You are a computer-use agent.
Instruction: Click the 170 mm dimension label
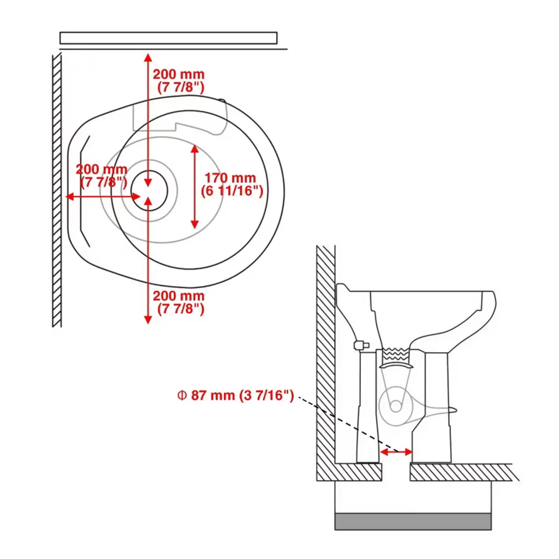click(x=230, y=178)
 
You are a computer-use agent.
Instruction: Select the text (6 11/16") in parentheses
click(x=232, y=191)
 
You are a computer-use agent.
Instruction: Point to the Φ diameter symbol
click(x=182, y=395)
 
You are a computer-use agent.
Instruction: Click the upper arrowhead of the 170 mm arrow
click(x=194, y=148)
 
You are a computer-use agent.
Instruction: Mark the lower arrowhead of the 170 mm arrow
click(x=194, y=224)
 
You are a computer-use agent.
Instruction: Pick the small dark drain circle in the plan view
click(x=150, y=191)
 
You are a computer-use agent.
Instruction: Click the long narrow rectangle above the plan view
click(x=168, y=38)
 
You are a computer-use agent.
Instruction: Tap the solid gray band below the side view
click(x=413, y=521)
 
